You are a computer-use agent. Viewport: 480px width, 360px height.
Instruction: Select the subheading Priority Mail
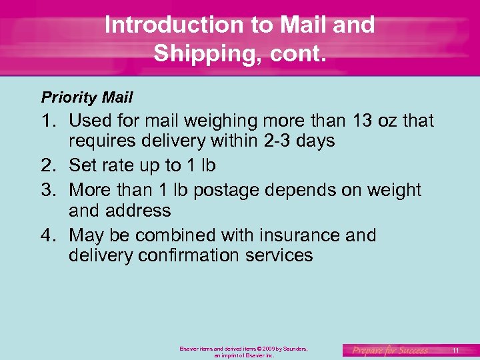coord(87,98)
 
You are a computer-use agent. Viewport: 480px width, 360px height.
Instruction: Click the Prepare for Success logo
coord(390,350)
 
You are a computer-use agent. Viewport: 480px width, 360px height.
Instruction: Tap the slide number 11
coord(455,350)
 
